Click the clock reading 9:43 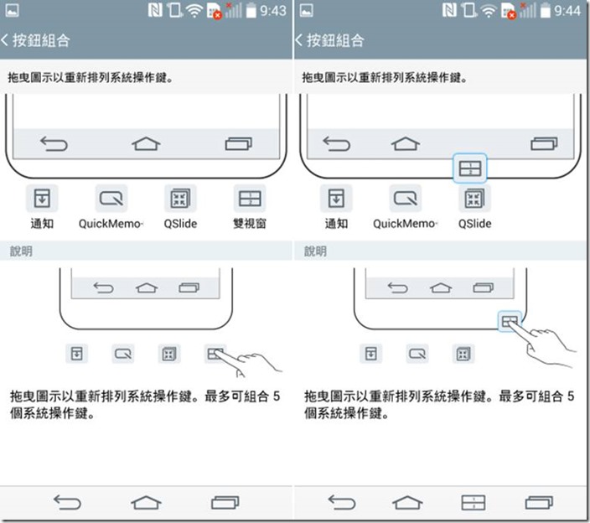[272, 11]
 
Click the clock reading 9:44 [566, 11]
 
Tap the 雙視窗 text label [251, 224]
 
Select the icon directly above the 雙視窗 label [251, 199]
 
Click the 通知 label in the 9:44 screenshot [336, 224]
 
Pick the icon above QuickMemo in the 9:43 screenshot [111, 199]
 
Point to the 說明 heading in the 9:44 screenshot [315, 251]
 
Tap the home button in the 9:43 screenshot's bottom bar [147, 502]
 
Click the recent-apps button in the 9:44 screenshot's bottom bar [539, 502]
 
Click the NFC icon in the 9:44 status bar [449, 11]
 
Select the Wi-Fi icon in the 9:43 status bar [194, 11]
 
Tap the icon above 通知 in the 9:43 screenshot [43, 199]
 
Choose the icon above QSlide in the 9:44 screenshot [475, 199]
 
